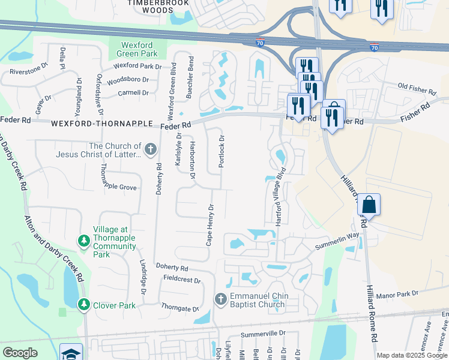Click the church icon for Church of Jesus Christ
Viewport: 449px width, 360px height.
151,148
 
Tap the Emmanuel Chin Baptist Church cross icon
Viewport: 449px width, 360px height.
220,299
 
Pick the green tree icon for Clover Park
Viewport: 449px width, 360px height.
84,305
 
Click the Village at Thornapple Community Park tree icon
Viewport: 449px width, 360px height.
84,241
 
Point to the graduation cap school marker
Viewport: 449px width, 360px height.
71,353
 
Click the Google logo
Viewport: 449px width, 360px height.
20,353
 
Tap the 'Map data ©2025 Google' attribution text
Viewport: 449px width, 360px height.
411,355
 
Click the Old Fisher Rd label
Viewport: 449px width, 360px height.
417,89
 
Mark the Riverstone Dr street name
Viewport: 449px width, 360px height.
28,71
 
